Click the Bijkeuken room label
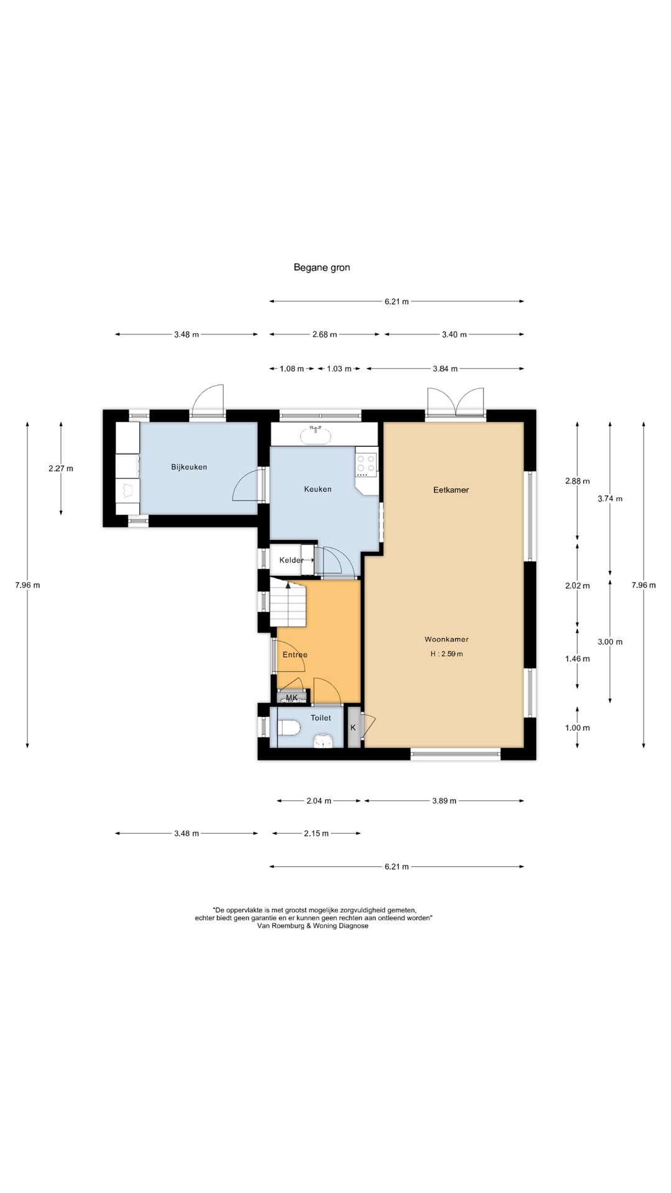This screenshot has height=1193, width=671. coord(189,467)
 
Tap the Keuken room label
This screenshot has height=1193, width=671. coord(317,489)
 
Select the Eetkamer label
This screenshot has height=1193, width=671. coord(451,490)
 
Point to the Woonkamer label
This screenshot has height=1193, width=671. coord(447,639)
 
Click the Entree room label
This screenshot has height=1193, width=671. coord(295,655)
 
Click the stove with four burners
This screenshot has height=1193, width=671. coord(366,464)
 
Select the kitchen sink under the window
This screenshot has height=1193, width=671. coord(317,435)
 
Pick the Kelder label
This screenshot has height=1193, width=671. coord(291,560)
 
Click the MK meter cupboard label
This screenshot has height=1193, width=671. coord(292,698)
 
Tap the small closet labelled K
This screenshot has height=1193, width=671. coord(354,727)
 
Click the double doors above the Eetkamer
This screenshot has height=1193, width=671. coord(455,402)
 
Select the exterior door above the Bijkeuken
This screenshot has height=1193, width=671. coord(208,401)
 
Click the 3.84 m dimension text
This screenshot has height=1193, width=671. coord(445,369)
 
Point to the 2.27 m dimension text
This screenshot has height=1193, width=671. coord(61,469)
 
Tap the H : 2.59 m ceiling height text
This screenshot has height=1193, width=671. coord(447,654)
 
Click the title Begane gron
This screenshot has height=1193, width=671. coord(322,268)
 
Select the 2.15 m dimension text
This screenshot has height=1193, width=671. coord(316,834)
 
